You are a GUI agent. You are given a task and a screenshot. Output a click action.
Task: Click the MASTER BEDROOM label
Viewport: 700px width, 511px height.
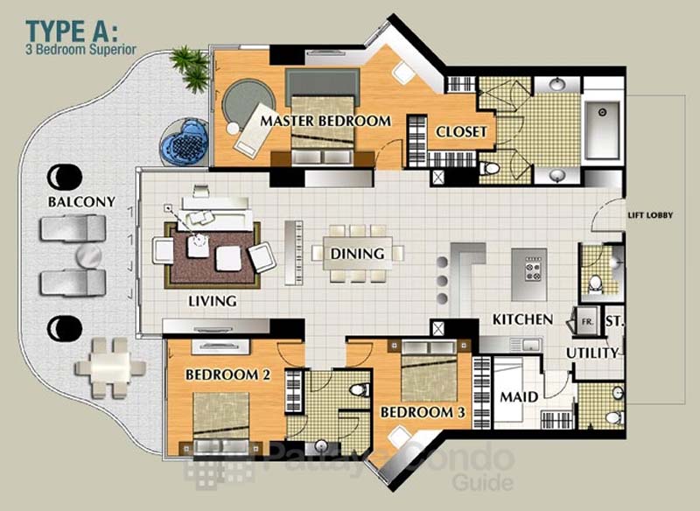pos(325,121)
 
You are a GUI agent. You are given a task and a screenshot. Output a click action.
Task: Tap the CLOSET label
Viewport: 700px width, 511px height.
pos(461,131)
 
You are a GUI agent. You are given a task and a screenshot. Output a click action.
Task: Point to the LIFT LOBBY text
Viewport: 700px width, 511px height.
pos(650,215)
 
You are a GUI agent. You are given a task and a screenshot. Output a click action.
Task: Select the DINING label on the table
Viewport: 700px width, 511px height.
pos(357,254)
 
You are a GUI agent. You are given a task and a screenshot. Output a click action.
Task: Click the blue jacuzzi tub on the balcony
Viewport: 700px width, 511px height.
pos(185,142)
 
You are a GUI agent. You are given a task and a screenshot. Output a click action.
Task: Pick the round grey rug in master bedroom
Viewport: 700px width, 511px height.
pos(248,105)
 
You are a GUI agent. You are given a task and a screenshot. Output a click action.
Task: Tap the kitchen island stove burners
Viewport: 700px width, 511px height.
pos(533,269)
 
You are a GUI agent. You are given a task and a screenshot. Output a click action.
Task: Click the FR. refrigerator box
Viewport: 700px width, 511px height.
pos(586,320)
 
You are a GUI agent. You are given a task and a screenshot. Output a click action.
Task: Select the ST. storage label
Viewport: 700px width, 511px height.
pos(615,321)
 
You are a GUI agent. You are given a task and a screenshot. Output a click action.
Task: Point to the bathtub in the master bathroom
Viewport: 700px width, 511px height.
pos(602,129)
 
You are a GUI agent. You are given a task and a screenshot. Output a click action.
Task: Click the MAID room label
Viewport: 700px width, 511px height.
pos(519,396)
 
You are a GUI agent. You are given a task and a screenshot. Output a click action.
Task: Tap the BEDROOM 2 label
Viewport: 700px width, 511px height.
pos(228,374)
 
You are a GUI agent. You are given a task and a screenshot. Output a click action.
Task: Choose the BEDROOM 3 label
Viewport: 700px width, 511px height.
pos(423,412)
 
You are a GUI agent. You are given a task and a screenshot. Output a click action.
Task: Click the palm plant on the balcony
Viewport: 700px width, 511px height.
pos(191,68)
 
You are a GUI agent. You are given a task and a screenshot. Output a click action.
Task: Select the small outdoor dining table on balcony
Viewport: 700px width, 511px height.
pos(110,367)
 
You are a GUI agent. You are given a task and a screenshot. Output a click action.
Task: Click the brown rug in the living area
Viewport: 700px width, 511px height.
pos(213,255)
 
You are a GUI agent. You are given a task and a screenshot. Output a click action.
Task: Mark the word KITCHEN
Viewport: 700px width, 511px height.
pos(522,319)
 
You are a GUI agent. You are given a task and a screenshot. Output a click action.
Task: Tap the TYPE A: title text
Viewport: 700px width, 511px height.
pos(73,31)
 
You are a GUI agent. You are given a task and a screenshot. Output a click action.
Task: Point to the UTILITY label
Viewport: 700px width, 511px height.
pos(592,353)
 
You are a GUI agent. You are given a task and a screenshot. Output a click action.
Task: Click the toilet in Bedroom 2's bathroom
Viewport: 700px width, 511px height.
pos(360,389)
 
